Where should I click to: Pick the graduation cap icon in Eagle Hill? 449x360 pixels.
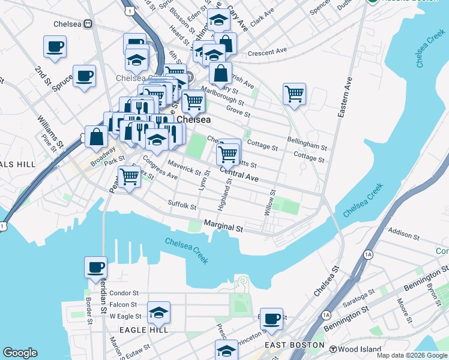158,312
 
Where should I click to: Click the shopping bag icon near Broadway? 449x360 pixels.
97,137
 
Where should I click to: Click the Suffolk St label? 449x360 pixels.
182,206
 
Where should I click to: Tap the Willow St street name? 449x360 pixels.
270,203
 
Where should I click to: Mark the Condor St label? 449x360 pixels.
124,293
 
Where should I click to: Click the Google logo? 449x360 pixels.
21,353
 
